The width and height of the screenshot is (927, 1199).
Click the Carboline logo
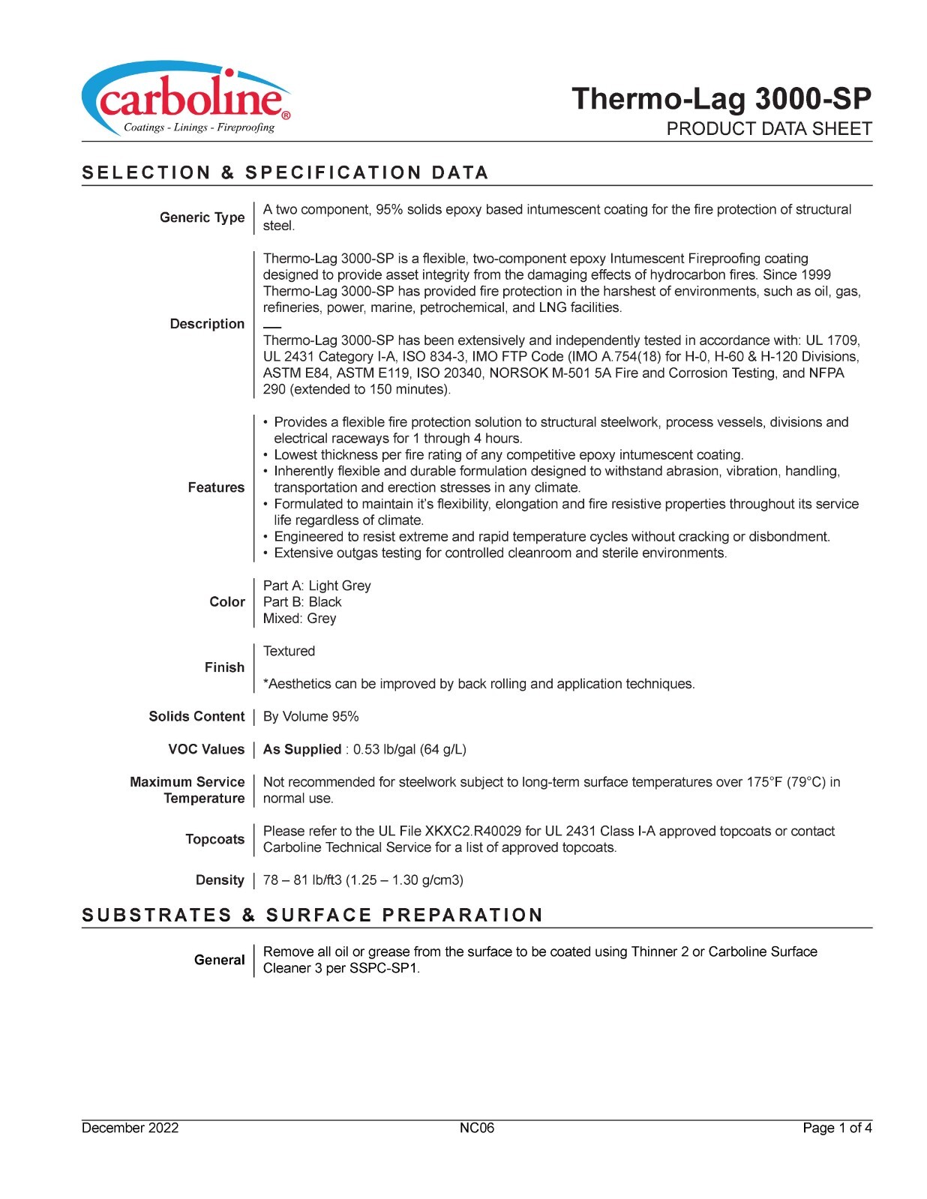[x=185, y=100]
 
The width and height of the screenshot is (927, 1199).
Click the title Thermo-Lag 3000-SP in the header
[x=721, y=99]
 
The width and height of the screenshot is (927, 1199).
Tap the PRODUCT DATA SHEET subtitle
[x=769, y=129]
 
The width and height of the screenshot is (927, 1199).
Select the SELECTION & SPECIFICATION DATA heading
[x=285, y=173]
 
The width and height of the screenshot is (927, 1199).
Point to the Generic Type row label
[x=202, y=217]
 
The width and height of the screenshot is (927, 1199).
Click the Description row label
[x=207, y=324]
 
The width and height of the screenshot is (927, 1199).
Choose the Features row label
[x=216, y=487]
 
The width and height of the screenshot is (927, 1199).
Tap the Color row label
[x=227, y=602]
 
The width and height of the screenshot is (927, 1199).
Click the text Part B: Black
[x=302, y=602]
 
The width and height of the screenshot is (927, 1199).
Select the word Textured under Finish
[x=289, y=652]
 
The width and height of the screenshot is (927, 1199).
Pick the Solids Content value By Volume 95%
[x=310, y=717]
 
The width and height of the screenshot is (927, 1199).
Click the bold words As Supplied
[x=302, y=750]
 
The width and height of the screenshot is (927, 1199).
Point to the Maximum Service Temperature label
[x=187, y=790]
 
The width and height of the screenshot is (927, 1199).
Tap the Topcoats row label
[x=214, y=839]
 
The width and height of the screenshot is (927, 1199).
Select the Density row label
[x=220, y=880]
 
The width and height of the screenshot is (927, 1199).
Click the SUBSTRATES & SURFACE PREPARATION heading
[x=313, y=916]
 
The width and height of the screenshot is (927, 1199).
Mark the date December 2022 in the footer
[x=130, y=1129]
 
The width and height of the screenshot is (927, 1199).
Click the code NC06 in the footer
[x=477, y=1129]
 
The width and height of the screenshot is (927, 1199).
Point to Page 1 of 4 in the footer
[x=837, y=1129]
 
